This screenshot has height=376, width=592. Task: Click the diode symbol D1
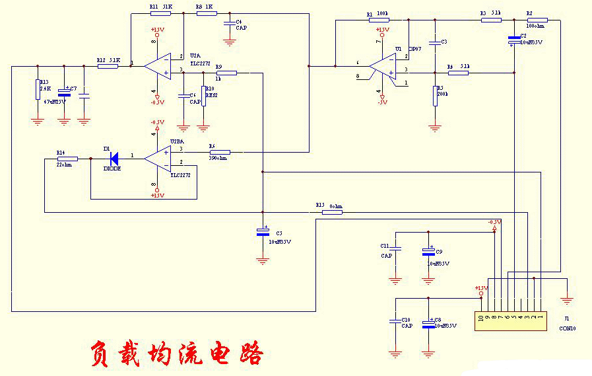tap(114, 159)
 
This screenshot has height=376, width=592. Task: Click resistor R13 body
tap(38, 89)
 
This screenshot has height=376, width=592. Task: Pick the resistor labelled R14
tap(67, 159)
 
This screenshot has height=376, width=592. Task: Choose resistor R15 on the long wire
tap(330, 212)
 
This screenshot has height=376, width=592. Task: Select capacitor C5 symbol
tap(263, 232)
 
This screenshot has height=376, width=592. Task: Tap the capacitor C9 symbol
tap(428, 251)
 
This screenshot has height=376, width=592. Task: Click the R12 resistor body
tap(107, 66)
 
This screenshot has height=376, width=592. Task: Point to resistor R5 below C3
tap(434, 93)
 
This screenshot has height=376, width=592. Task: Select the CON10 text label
tap(567, 328)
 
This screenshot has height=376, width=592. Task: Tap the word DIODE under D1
tap(113, 169)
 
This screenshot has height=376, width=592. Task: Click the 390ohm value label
tap(217, 158)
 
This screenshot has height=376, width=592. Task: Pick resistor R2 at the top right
tap(536, 20)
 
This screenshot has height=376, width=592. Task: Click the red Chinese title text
tap(176, 354)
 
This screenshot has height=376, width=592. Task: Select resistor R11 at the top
tap(160, 13)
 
